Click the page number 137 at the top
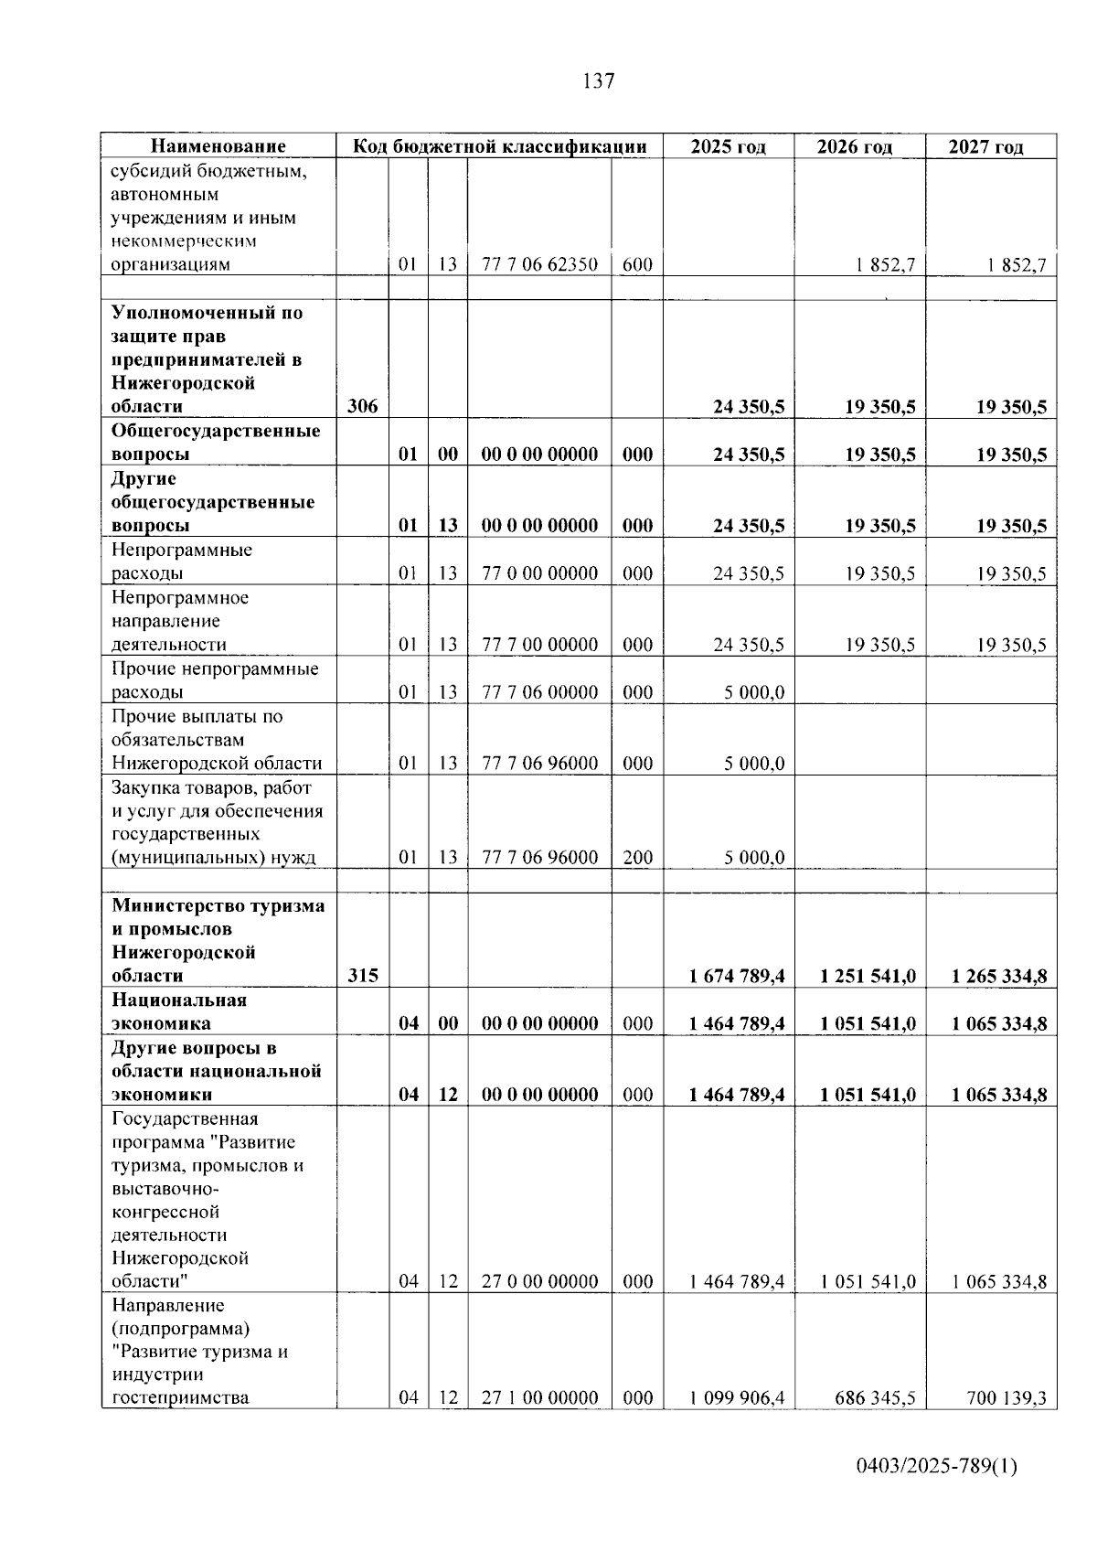click(598, 81)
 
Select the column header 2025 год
click(728, 146)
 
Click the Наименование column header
click(218, 146)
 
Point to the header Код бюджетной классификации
click(499, 146)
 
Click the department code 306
click(363, 407)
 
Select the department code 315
click(363, 976)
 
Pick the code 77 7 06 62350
click(539, 265)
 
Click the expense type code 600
click(637, 265)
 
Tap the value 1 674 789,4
click(737, 976)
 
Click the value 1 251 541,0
click(868, 976)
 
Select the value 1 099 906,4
click(737, 1398)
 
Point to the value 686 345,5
click(875, 1398)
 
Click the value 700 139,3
click(1006, 1398)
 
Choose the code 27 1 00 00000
click(539, 1398)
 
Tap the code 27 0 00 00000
click(539, 1281)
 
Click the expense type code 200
click(637, 858)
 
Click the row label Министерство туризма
click(218, 906)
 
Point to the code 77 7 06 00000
click(539, 692)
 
